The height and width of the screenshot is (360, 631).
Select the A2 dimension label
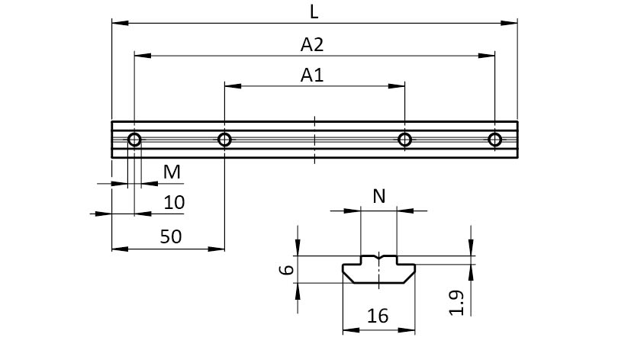313,45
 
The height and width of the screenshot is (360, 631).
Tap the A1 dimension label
313,75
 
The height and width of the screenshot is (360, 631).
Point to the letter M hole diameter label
173,172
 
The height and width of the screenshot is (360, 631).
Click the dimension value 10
174,202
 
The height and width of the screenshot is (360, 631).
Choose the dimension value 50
171,236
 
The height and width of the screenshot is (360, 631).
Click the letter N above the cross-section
378,197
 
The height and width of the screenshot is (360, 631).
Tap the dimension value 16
378,316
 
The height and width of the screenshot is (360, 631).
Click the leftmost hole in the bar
134,140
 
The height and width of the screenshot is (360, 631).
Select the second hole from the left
224,140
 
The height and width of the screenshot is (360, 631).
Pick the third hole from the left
404,140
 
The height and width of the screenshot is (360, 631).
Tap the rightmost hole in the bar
494,140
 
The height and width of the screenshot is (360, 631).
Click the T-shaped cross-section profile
378,270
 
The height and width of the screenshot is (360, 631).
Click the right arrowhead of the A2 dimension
489,55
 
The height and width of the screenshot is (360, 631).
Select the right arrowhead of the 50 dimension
219,249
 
